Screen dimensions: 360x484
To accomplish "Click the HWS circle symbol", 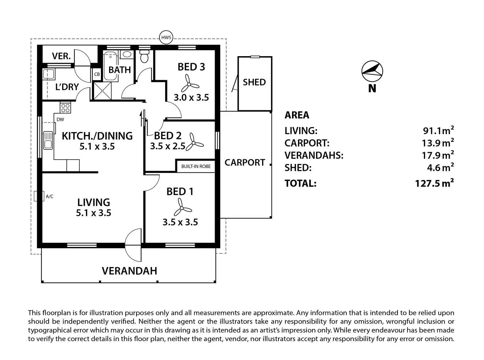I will click(166, 37).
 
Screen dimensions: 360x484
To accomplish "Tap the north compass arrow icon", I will click(372, 71).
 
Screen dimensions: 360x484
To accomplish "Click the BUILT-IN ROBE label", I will click(196, 166).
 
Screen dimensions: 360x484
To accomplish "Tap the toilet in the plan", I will click(144, 56).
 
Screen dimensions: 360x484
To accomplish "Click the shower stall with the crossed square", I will click(102, 90).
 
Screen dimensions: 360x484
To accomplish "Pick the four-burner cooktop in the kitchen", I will click(65, 108).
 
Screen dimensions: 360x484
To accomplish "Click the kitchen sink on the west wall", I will click(48, 140).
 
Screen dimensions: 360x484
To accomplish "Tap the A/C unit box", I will click(39, 196).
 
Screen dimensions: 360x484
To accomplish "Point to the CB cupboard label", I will click(97, 74).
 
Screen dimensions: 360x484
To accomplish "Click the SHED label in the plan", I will click(254, 82).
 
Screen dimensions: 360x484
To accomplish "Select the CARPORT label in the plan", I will click(245, 163).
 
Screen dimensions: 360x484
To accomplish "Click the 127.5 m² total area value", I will click(434, 183).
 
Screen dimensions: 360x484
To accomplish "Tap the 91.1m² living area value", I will click(438, 130).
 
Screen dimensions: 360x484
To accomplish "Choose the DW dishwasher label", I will click(60, 120).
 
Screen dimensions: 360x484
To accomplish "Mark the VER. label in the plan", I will click(61, 56).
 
